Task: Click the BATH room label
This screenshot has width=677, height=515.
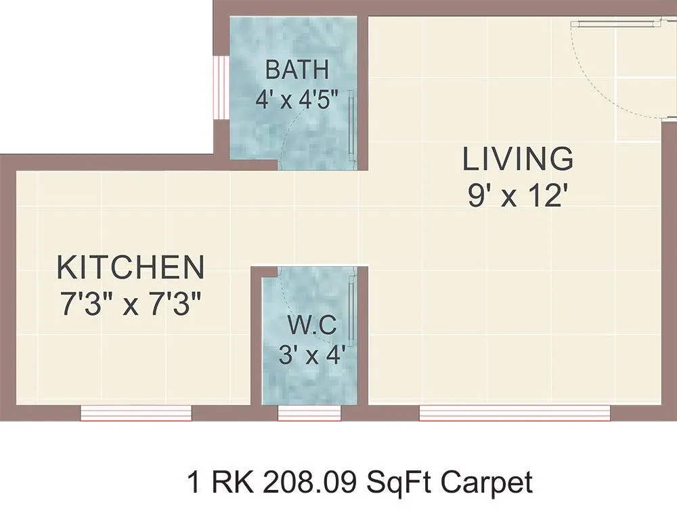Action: (297, 70)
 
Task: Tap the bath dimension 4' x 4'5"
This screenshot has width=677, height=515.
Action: (297, 100)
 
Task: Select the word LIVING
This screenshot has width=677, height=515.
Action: (518, 159)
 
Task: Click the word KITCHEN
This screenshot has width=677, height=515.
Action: (130, 268)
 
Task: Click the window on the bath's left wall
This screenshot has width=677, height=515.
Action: (219, 86)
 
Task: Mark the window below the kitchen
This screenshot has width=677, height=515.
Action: (136, 413)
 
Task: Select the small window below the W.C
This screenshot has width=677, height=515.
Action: (309, 413)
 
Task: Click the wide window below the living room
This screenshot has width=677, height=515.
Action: (515, 413)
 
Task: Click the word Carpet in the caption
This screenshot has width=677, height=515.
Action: (487, 483)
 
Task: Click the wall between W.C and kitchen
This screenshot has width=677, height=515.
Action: (257, 339)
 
